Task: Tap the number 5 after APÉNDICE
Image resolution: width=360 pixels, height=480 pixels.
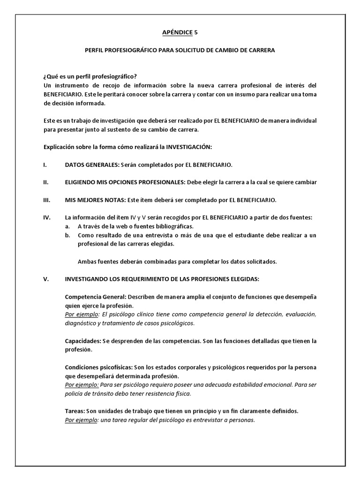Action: tap(196, 32)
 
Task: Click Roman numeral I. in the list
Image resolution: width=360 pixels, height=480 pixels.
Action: tap(44, 165)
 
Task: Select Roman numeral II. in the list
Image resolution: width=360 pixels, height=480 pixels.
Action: tap(45, 182)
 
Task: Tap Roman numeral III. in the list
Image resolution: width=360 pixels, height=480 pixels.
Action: tap(46, 200)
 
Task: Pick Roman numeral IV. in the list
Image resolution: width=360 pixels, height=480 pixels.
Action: tap(46, 217)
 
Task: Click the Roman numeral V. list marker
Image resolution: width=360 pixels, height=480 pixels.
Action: tap(45, 279)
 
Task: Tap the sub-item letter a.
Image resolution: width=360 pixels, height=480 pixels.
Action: tap(68, 226)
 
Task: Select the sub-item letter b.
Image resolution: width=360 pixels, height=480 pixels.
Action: tap(68, 235)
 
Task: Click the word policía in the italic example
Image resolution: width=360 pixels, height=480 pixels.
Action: tap(75, 394)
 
